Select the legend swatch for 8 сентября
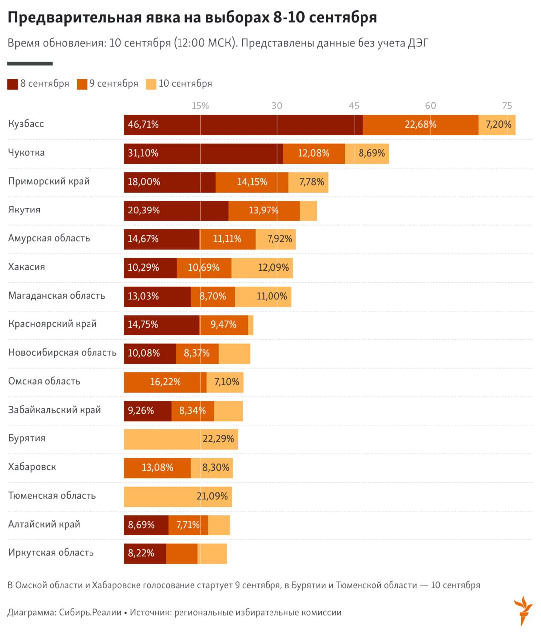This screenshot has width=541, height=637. pos(13,84)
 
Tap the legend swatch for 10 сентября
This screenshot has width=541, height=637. pos(151,84)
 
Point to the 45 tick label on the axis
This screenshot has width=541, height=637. pos(354,106)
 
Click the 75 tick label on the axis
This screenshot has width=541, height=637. pos(507,106)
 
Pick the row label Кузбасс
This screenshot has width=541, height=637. pos(26,124)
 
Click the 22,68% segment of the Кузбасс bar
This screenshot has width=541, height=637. pos(420,125)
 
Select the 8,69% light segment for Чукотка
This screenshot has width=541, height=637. pos(371,153)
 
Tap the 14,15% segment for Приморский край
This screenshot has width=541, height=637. pos(252,182)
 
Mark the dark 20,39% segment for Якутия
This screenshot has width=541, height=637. pos(176,211)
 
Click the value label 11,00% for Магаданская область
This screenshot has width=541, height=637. pos(271,296)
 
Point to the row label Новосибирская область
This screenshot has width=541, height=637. pos(63,353)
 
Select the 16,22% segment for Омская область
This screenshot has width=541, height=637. pos(165,382)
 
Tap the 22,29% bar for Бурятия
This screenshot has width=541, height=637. pos(181,439)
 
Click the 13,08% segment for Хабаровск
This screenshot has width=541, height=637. pos(157,468)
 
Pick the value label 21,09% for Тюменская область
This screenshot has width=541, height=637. pos(212,496)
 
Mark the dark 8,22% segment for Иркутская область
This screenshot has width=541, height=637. pos(145,553)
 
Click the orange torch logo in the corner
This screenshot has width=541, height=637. pos(523,609)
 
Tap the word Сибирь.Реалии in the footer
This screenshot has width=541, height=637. pos(90,612)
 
